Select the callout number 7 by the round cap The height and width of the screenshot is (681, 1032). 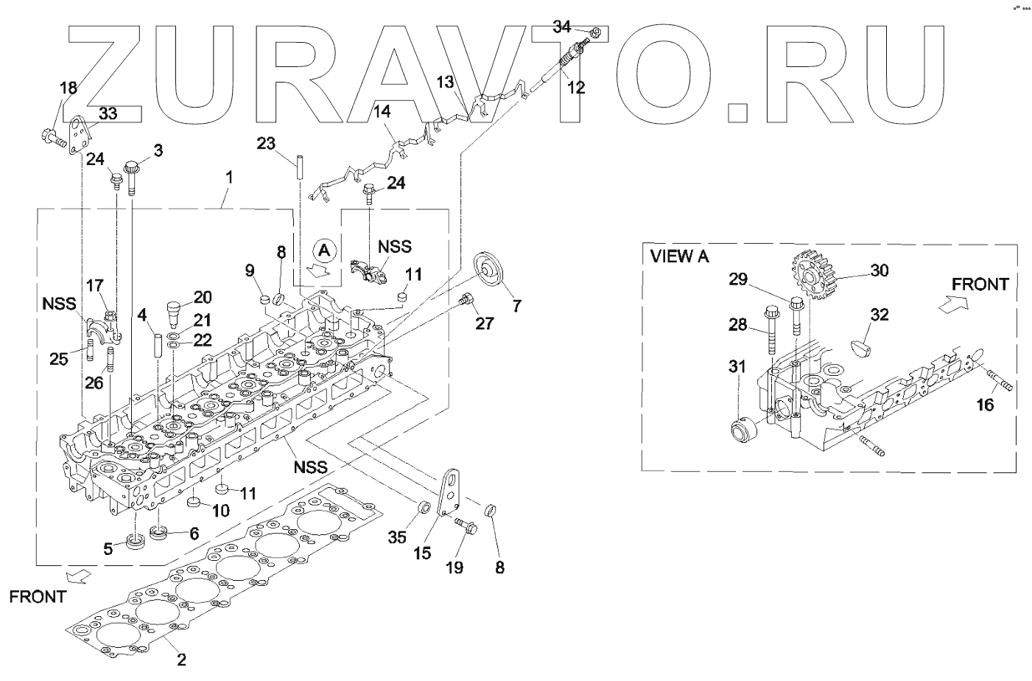(x=516, y=305)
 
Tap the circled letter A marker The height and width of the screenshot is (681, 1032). (x=326, y=249)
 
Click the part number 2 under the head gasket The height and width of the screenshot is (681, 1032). (x=181, y=660)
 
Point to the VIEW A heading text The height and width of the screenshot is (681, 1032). (x=679, y=256)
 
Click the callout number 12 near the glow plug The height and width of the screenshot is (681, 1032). (x=576, y=88)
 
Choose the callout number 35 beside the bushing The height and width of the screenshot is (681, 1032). (x=398, y=538)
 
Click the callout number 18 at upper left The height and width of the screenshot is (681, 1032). (x=68, y=88)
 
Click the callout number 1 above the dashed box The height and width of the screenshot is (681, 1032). (x=229, y=177)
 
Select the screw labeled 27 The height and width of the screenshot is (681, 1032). (x=465, y=299)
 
